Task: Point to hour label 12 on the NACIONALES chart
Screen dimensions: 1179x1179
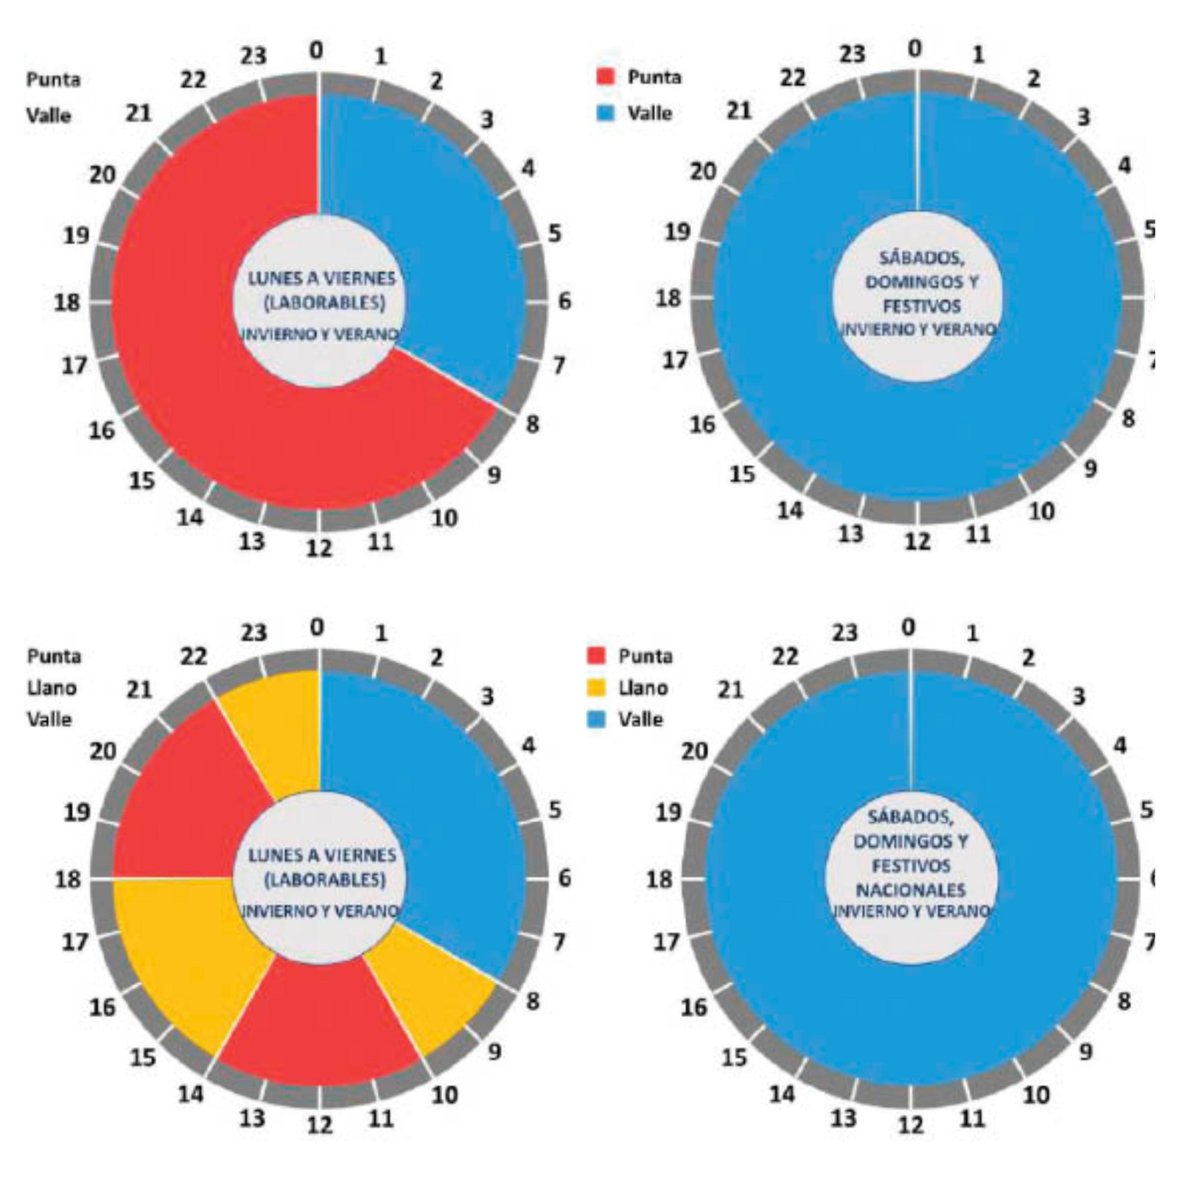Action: pos(911,1125)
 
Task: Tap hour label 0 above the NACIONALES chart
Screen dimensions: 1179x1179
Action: pos(909,628)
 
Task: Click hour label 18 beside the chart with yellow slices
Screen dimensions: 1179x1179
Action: pos(68,879)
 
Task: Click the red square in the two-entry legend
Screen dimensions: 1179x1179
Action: pos(605,77)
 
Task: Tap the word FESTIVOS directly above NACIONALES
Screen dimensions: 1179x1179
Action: pos(911,865)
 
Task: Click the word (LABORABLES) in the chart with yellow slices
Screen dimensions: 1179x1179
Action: pos(324,880)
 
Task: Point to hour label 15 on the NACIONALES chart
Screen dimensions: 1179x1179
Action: pos(734,1057)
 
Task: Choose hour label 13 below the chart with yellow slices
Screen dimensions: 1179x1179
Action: pos(252,1118)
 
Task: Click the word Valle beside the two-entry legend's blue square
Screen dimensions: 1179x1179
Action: pos(650,113)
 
